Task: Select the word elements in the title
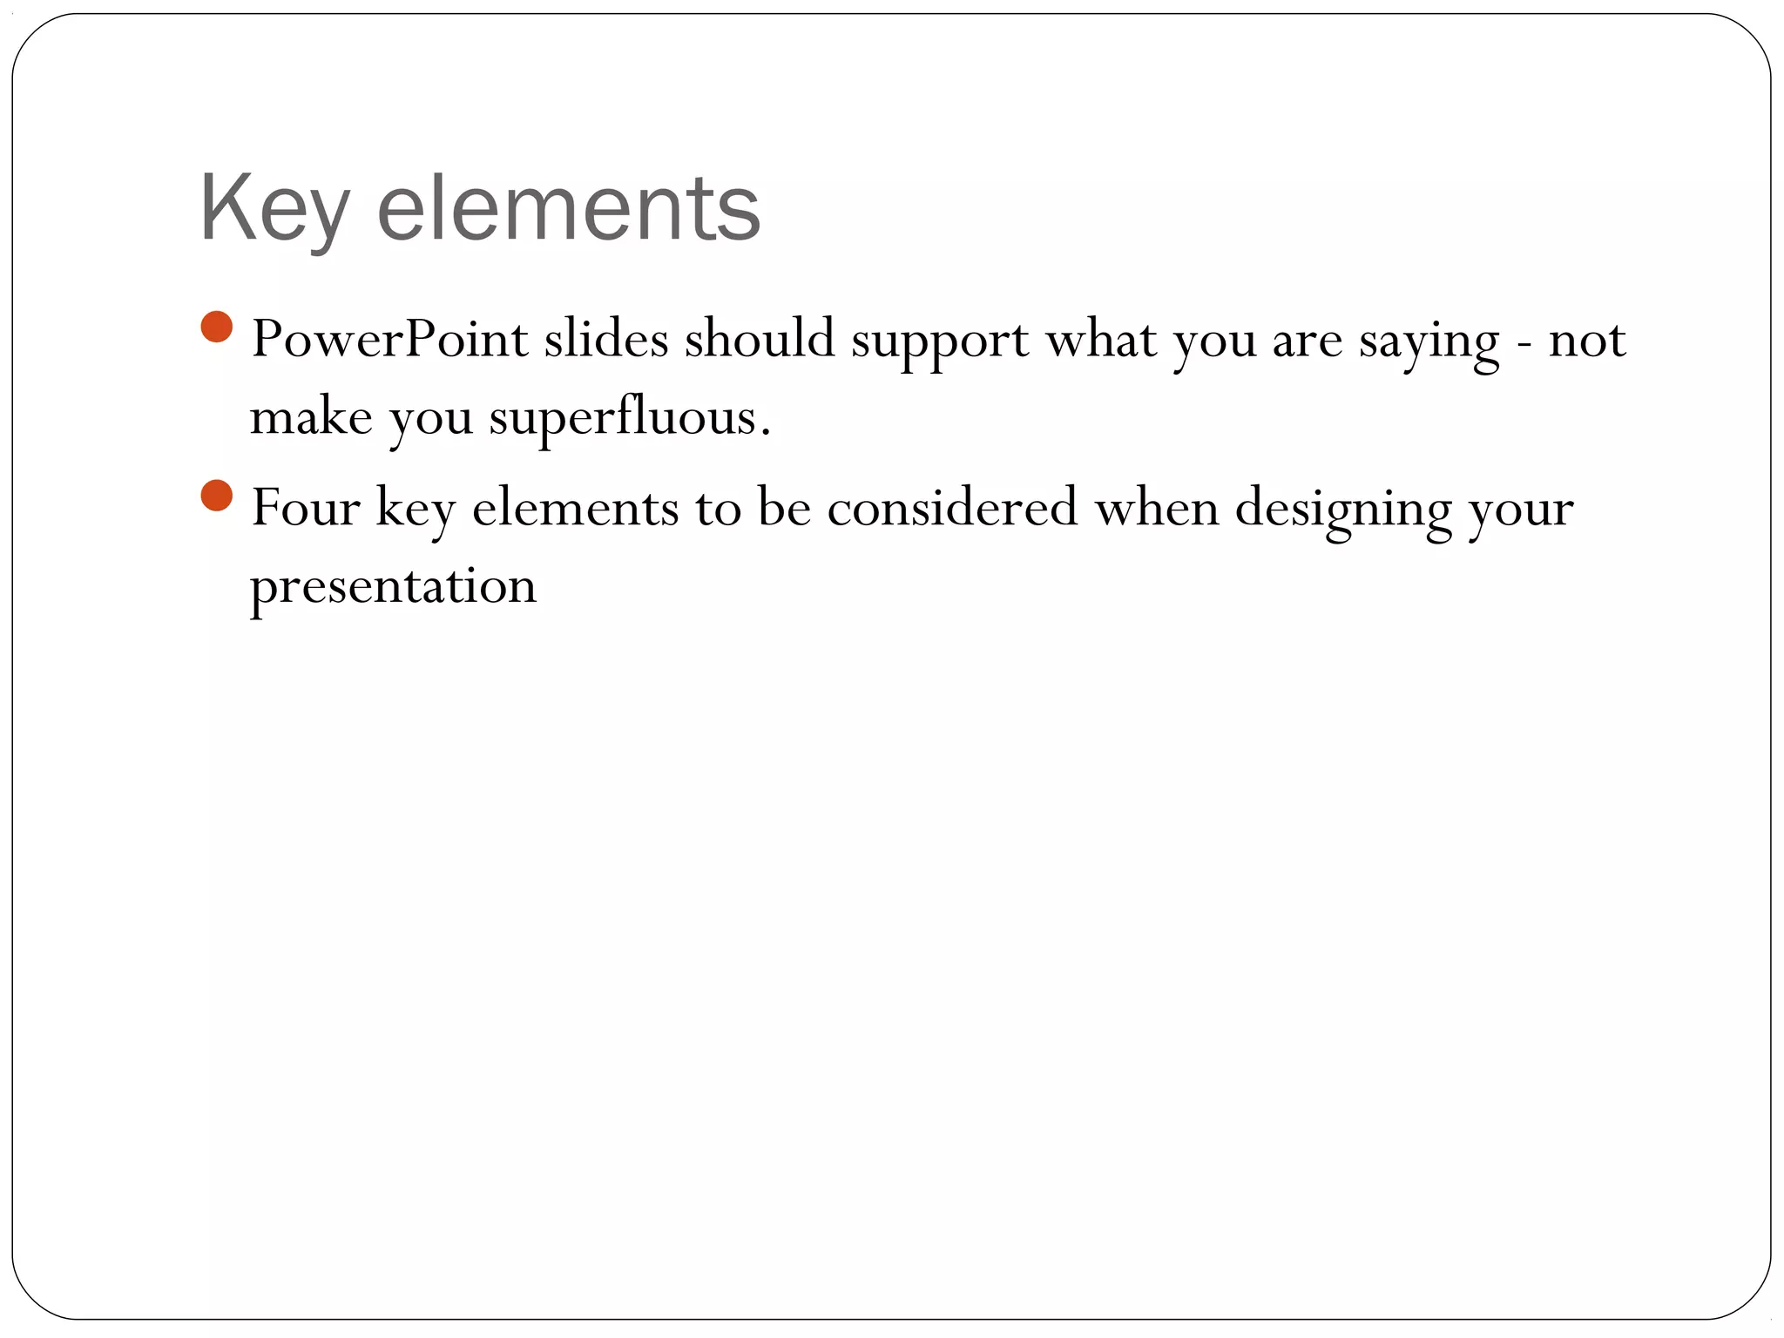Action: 569,209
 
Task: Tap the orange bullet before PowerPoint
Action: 217,328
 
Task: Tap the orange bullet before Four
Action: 217,497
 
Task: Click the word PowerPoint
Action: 389,339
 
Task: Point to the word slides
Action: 606,339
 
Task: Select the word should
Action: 760,339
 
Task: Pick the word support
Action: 940,342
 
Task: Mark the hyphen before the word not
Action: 1524,342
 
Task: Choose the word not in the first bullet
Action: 1587,341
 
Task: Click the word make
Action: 311,417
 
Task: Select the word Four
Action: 305,508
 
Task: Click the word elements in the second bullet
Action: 575,509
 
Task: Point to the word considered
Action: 952,508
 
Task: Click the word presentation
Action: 393,586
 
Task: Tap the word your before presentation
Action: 1521,511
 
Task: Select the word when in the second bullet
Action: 1157,508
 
